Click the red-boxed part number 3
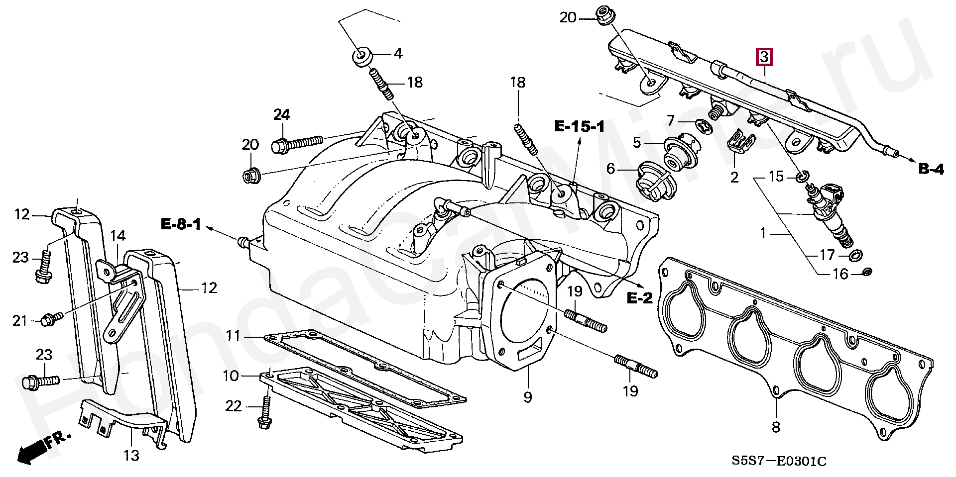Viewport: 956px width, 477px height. [764, 57]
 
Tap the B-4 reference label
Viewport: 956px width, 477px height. [931, 169]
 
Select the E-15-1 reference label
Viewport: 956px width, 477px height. [580, 127]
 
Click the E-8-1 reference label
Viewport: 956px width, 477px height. [181, 225]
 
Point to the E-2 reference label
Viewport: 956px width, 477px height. [639, 298]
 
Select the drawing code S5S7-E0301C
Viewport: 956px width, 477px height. [779, 462]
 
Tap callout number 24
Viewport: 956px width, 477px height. [281, 115]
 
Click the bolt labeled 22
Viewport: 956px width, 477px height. [264, 412]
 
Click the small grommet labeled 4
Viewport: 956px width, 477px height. [362, 56]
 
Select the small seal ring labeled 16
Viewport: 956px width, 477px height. [866, 272]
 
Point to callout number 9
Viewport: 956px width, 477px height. [528, 397]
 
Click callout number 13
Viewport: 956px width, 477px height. [132, 455]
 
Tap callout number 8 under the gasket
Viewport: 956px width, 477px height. [776, 426]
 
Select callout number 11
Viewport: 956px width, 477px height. [233, 336]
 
